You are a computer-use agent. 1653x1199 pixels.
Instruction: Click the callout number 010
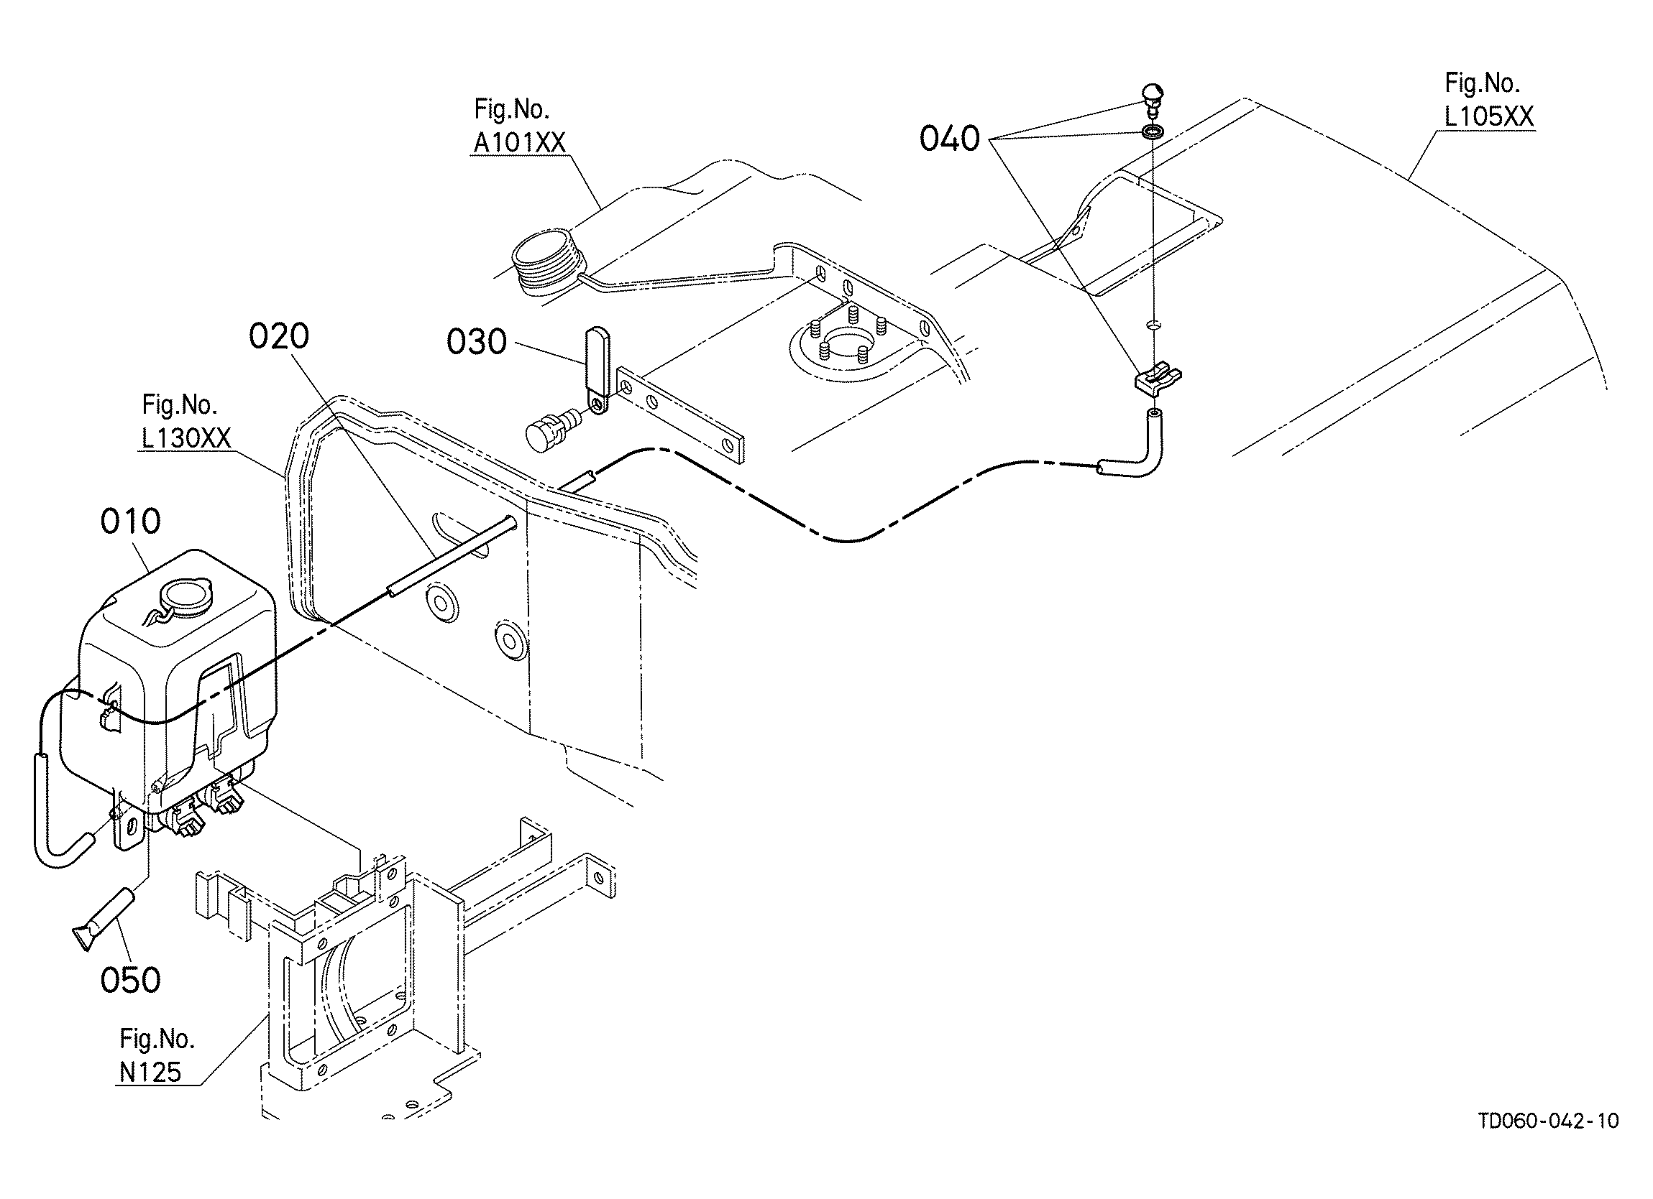(130, 522)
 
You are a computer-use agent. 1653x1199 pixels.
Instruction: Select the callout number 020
(279, 336)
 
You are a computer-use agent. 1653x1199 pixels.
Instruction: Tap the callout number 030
(477, 342)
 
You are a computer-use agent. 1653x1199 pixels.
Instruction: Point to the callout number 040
(950, 138)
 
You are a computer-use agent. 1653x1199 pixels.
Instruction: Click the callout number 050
(130, 981)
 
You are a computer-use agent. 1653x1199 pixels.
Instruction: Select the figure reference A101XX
(520, 143)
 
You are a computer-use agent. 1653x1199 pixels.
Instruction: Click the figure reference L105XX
(1489, 116)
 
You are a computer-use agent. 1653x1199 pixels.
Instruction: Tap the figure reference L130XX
(186, 438)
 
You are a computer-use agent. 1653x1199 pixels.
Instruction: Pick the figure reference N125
(151, 1072)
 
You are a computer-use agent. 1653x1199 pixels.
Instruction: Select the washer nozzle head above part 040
(1152, 99)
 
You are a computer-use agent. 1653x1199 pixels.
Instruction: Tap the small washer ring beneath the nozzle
(1152, 133)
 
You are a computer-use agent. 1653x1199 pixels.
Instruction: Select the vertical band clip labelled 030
(597, 371)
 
